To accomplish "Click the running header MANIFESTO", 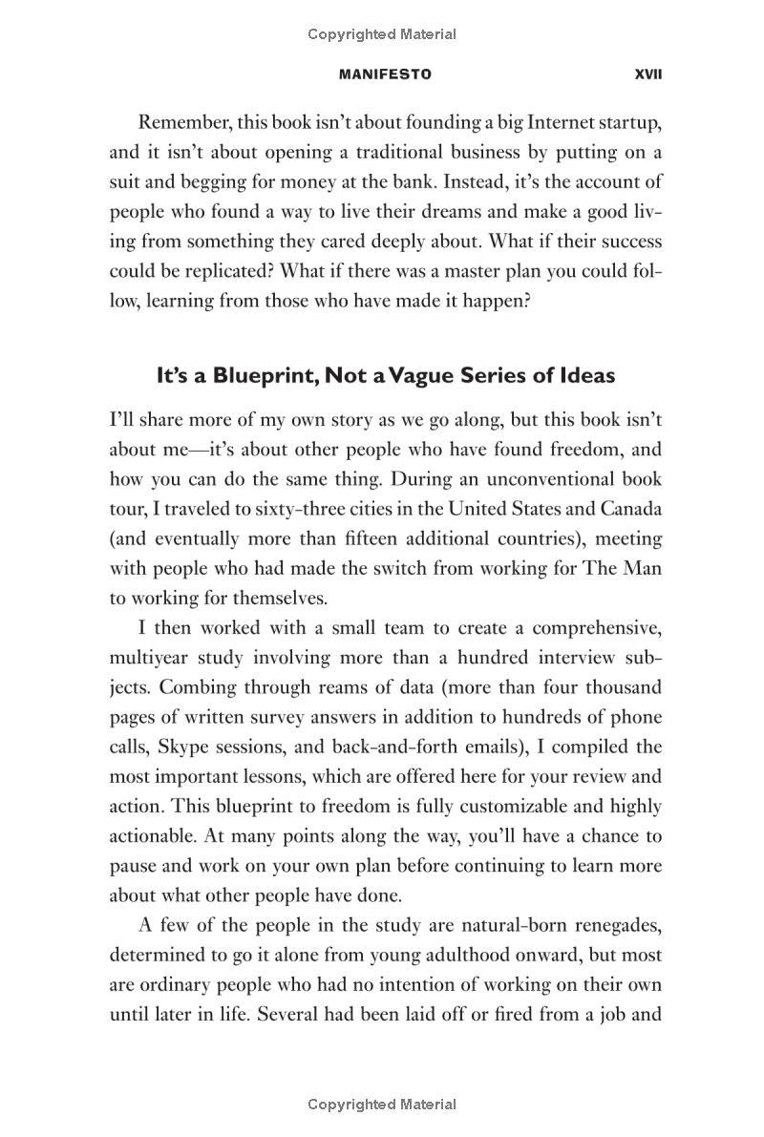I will click(384, 74).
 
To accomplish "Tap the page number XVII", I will click(647, 74).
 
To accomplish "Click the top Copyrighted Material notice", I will click(382, 34).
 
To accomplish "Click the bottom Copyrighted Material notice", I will click(382, 1105).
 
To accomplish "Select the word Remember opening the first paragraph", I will click(182, 122).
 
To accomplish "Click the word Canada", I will click(631, 509).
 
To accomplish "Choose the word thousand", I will click(623, 687).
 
